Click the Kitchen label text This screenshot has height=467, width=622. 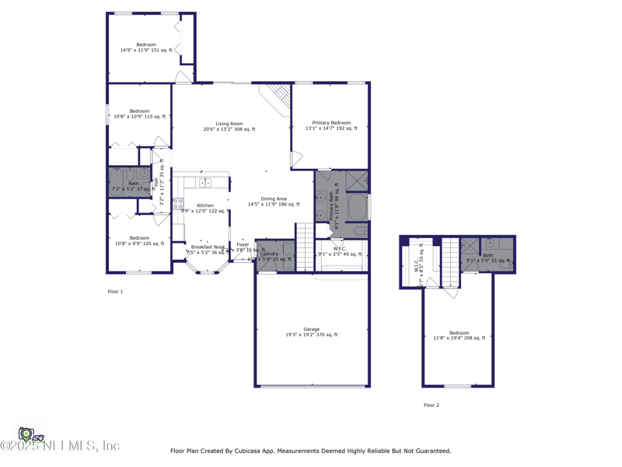(x=204, y=205)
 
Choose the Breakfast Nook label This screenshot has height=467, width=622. (x=208, y=247)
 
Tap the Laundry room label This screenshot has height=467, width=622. (x=270, y=253)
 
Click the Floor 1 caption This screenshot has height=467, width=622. (x=115, y=292)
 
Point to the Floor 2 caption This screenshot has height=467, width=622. (x=432, y=406)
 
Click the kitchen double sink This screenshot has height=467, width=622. (x=205, y=183)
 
